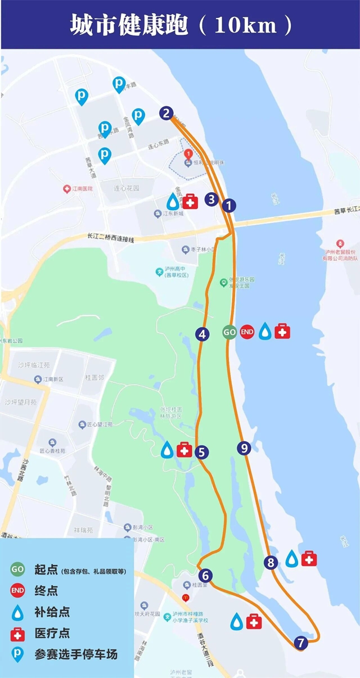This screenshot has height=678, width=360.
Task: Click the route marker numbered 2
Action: tap(165, 113)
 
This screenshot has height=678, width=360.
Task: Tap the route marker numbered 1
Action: tap(228, 205)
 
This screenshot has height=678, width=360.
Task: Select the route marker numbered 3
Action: tap(211, 198)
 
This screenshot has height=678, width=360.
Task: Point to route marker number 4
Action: tap(202, 334)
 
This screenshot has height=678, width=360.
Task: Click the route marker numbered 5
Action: tap(202, 451)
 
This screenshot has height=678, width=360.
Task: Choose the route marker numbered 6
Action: tap(206, 575)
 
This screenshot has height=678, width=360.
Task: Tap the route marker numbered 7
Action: tap(300, 642)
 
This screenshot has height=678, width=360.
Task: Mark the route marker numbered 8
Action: tap(271, 562)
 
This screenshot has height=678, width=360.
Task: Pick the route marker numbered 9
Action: tap(244, 448)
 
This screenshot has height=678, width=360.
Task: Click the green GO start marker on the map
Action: tap(229, 332)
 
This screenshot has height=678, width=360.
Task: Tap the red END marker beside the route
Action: tap(247, 332)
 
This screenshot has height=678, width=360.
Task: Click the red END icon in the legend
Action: tap(17, 590)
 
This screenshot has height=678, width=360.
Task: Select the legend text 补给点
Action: tap(52, 612)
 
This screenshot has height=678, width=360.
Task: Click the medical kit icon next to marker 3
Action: tap(190, 201)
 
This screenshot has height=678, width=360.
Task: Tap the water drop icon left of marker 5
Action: tap(168, 450)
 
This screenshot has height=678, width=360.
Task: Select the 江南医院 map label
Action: tap(82, 189)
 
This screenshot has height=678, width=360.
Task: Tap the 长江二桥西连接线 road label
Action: tap(111, 238)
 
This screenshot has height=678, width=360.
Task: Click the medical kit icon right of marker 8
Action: tap(309, 558)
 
